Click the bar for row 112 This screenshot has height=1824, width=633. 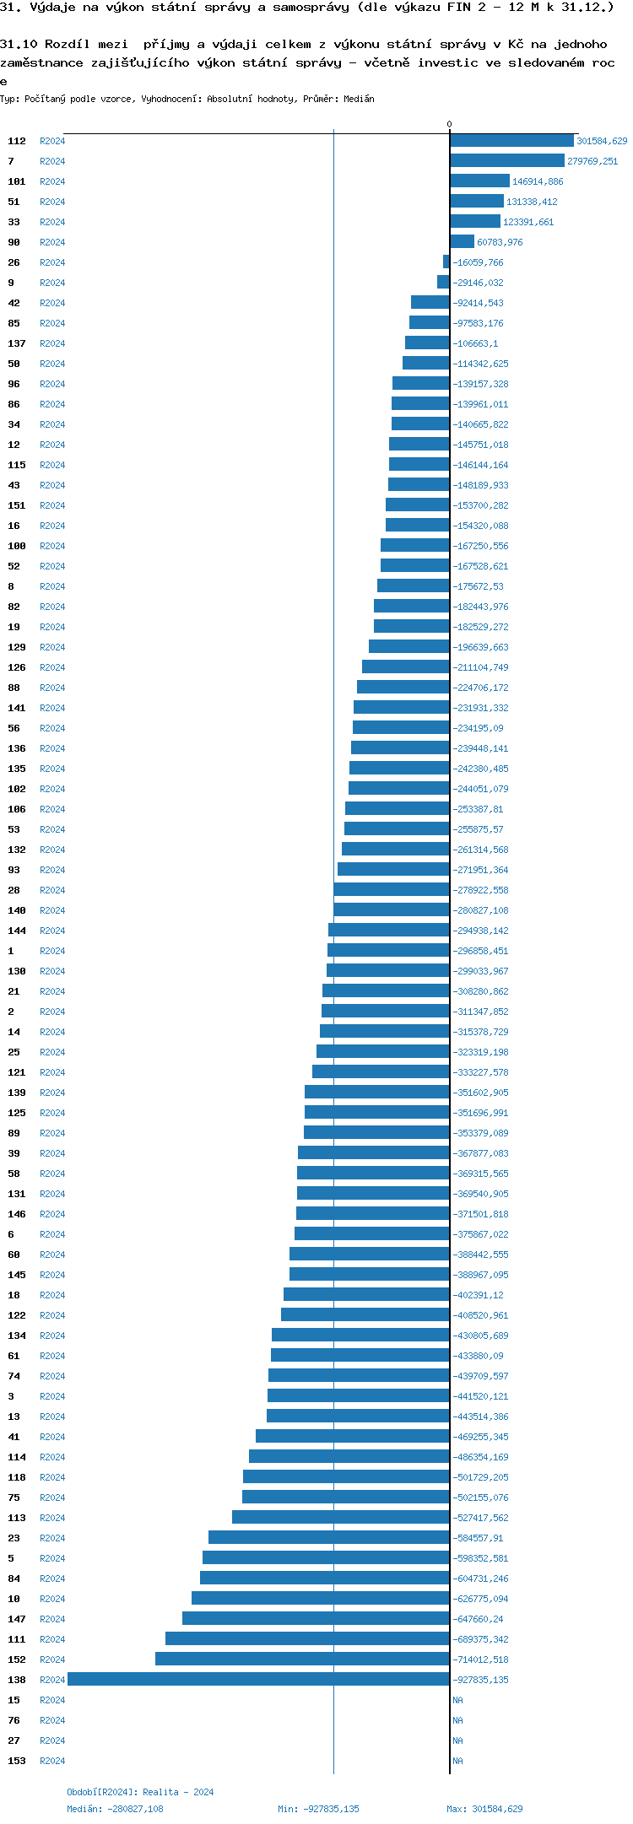point(511,141)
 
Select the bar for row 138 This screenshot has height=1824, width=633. point(258,1680)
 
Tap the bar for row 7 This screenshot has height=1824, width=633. point(506,161)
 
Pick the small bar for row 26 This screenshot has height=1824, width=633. point(446,262)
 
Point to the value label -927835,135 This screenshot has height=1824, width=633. point(481,1680)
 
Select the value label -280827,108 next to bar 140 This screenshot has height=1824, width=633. point(481,910)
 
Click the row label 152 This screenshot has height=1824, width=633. point(17,1659)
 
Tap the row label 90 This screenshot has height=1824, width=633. point(14,242)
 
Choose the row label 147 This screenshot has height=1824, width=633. point(17,1619)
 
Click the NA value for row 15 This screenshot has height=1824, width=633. point(457,1700)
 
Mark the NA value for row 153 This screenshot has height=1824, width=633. point(457,1761)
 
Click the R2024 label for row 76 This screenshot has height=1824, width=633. point(52,1720)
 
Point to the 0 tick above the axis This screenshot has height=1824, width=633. point(449,125)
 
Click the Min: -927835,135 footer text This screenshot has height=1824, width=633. point(318,1809)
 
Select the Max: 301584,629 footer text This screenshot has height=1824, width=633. point(484,1809)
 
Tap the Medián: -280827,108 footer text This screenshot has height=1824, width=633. point(115,1809)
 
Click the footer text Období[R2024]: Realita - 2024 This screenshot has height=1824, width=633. point(140,1792)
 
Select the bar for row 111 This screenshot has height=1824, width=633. point(307,1639)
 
